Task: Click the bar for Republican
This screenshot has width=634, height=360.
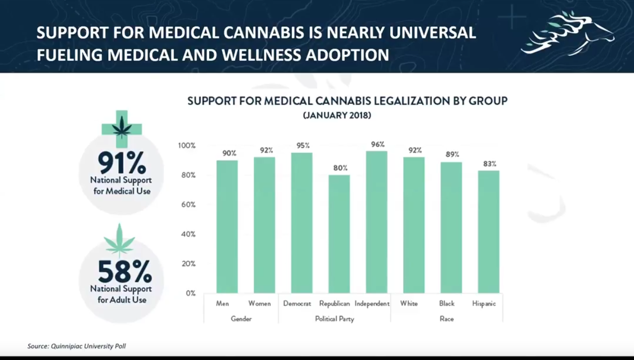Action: click(339, 234)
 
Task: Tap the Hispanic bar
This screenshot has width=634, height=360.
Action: click(488, 232)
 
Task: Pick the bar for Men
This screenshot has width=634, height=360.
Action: click(227, 227)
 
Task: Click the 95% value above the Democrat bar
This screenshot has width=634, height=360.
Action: click(303, 145)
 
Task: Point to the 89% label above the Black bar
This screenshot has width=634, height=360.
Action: click(452, 154)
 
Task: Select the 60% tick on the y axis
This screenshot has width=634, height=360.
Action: click(187, 204)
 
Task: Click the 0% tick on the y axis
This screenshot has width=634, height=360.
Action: click(190, 293)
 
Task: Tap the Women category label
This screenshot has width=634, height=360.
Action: click(259, 303)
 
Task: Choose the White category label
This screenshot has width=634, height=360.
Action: click(409, 303)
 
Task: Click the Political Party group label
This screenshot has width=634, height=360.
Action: click(335, 319)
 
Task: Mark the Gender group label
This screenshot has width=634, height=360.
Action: click(241, 319)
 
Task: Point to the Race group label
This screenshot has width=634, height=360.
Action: click(447, 319)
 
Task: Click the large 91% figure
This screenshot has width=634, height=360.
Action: click(121, 162)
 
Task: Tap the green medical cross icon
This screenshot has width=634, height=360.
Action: click(122, 128)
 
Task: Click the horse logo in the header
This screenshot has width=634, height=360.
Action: click(568, 33)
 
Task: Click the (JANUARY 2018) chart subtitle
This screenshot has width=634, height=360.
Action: click(337, 116)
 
